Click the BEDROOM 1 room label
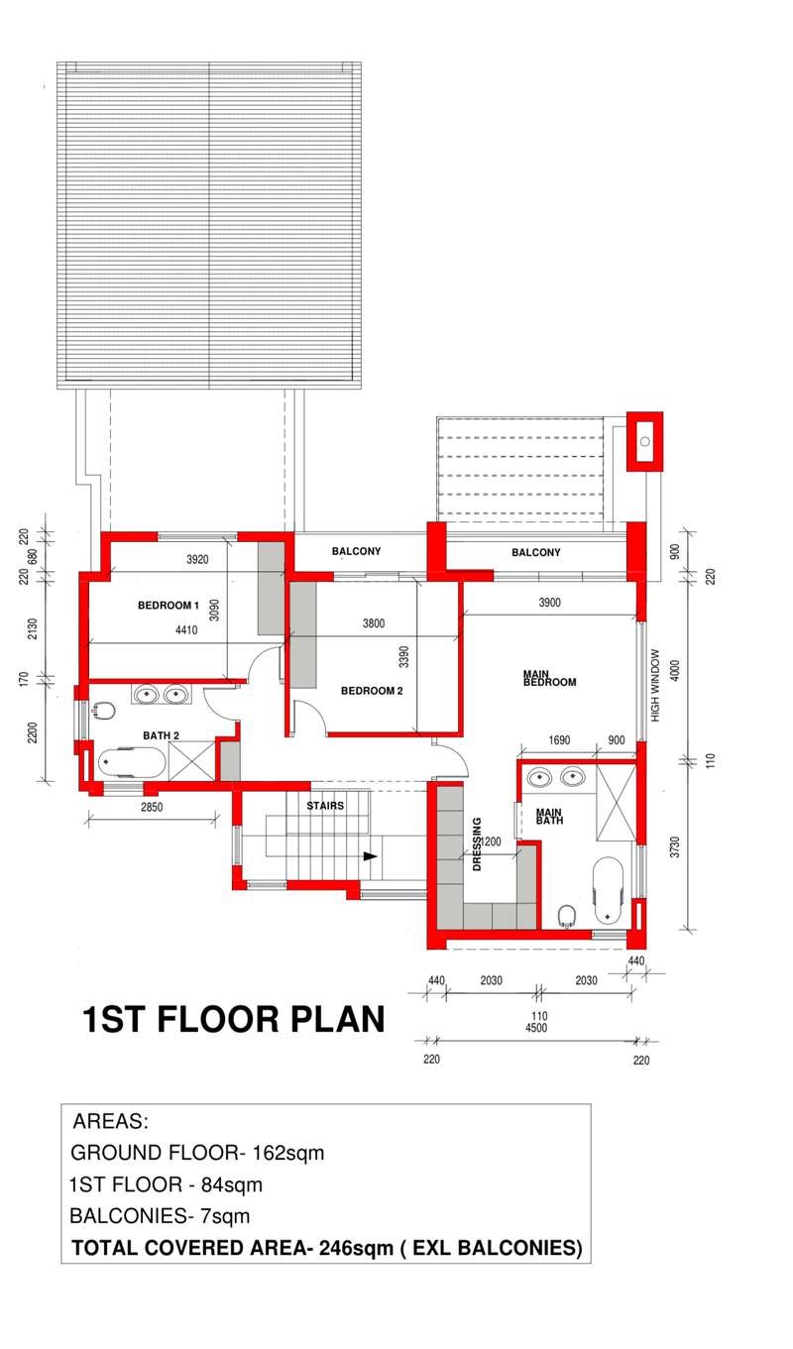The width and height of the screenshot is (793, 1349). pyautogui.click(x=168, y=606)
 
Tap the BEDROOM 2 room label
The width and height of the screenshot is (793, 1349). pyautogui.click(x=372, y=691)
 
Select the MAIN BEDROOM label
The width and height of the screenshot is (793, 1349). pyautogui.click(x=549, y=678)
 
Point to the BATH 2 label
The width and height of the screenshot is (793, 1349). pyautogui.click(x=161, y=735)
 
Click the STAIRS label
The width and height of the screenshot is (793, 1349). pyautogui.click(x=325, y=806)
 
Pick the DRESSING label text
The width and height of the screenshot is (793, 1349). pyautogui.click(x=477, y=843)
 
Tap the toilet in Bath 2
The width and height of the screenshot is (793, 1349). pyautogui.click(x=103, y=711)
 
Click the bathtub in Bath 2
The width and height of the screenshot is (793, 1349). pyautogui.click(x=131, y=763)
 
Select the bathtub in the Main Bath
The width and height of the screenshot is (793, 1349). pyautogui.click(x=608, y=891)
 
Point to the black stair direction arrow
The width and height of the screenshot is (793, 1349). pyautogui.click(x=370, y=856)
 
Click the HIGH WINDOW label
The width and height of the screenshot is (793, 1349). pyautogui.click(x=655, y=685)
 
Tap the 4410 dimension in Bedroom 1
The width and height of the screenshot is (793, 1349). pyautogui.click(x=186, y=630)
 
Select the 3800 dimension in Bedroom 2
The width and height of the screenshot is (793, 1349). pyautogui.click(x=374, y=623)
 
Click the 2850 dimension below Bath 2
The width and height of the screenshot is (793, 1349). pyautogui.click(x=152, y=807)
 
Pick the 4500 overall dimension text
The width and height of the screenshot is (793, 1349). pyautogui.click(x=536, y=1028)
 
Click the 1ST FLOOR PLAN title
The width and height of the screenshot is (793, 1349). pyautogui.click(x=233, y=1020)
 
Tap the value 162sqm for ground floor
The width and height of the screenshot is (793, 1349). pyautogui.click(x=287, y=1153)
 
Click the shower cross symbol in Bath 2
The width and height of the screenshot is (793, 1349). pyautogui.click(x=191, y=761)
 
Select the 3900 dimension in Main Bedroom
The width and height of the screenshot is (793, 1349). pyautogui.click(x=549, y=603)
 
